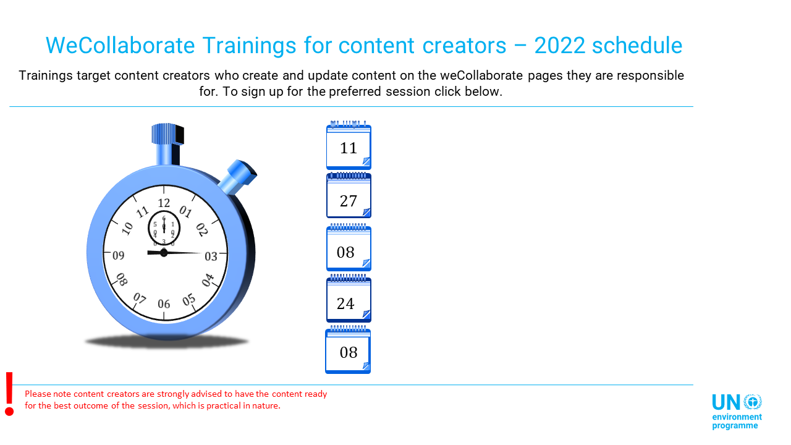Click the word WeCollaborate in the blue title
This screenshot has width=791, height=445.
click(120, 46)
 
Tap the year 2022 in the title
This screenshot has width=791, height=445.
click(560, 46)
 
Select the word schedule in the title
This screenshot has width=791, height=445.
click(637, 46)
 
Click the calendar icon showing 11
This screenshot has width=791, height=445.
click(349, 145)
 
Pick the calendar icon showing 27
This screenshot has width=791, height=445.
click(349, 195)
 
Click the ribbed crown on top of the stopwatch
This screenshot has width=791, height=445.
click(167, 134)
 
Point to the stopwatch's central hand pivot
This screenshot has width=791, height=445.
click(164, 253)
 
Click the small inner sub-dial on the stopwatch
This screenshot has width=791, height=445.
click(164, 228)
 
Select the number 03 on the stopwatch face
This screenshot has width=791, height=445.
click(211, 256)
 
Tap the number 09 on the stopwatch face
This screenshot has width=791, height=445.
click(118, 255)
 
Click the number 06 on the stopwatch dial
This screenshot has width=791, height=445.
click(164, 303)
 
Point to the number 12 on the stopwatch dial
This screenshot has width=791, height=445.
click(164, 203)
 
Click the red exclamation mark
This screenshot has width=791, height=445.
click(9, 394)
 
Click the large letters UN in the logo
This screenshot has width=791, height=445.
click(726, 402)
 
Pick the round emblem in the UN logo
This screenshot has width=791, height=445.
click(753, 402)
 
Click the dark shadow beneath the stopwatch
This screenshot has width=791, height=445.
click(167, 342)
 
